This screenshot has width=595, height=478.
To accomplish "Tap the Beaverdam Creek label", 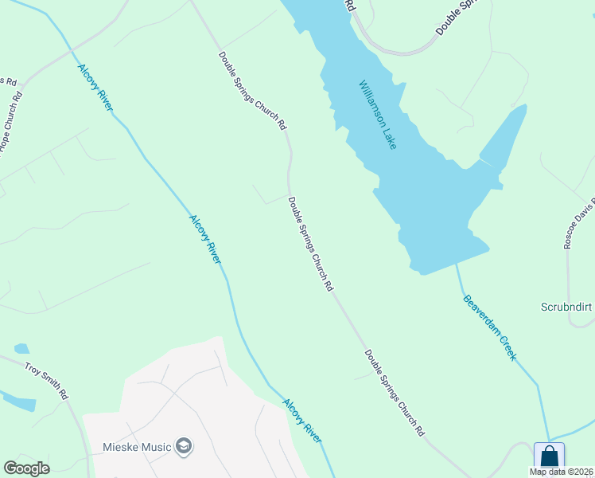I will [x=490, y=327].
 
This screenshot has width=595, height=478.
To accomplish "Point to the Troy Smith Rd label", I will [x=47, y=380].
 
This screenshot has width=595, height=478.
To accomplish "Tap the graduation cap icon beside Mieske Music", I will [x=185, y=445].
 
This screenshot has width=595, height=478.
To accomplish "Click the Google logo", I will [x=26, y=468].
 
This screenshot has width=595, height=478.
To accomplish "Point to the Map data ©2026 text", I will [x=562, y=472].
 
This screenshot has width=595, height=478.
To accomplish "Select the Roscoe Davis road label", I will [x=579, y=222].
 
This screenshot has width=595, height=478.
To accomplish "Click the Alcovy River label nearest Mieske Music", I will [x=302, y=421].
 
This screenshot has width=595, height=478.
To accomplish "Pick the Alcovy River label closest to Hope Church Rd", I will [x=95, y=87].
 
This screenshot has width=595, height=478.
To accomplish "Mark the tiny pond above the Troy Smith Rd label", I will [x=21, y=348].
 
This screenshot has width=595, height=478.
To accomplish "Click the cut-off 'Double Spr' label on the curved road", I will [x=459, y=17].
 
